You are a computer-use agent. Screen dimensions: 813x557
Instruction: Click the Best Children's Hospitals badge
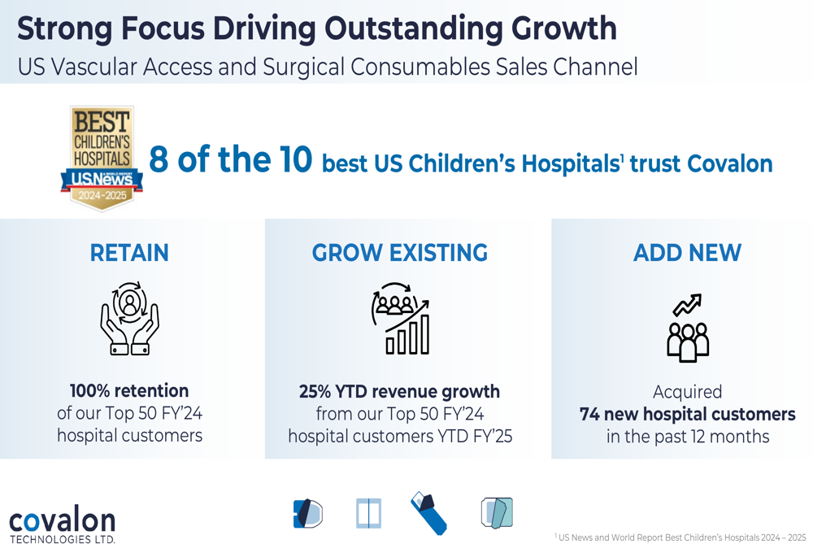tap(102, 159)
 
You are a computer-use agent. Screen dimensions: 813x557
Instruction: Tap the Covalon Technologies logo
tap(63, 524)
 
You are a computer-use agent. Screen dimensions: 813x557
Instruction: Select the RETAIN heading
tap(129, 253)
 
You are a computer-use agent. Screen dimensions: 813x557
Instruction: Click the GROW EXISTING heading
tap(400, 253)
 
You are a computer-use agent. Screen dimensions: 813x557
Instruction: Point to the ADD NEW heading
tap(688, 253)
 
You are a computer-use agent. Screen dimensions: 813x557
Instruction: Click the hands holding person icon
tap(129, 319)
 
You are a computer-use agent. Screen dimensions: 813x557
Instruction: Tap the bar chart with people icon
tap(400, 319)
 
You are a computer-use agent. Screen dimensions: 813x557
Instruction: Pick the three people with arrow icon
tap(688, 328)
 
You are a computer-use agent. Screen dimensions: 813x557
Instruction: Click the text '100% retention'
tap(129, 390)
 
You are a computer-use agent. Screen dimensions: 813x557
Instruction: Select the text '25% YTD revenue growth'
tap(399, 392)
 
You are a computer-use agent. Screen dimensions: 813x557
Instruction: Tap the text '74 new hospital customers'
tap(688, 415)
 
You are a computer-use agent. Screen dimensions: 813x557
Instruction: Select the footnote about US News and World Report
tap(680, 537)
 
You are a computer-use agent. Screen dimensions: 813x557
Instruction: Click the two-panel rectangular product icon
tap(368, 513)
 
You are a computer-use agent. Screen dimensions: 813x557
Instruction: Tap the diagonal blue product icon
tap(428, 513)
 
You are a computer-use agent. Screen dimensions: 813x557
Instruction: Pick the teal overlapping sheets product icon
tap(497, 513)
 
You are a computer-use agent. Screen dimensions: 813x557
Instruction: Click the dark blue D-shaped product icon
tap(308, 514)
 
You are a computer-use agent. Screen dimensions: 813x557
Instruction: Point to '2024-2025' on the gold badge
tap(102, 195)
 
